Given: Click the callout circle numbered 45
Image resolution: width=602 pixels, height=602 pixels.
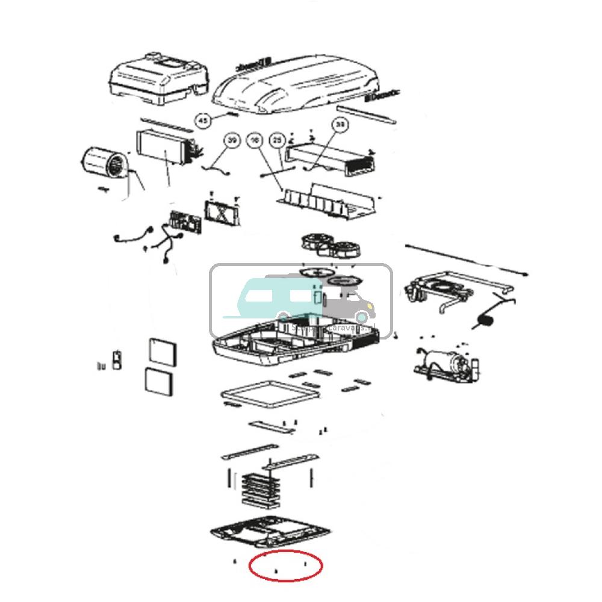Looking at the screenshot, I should [203, 122].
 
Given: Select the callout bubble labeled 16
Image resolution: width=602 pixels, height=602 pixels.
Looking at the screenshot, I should [255, 140].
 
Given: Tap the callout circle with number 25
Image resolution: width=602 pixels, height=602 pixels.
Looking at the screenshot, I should [277, 140].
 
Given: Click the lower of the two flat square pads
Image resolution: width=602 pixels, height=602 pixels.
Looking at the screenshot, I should [160, 382].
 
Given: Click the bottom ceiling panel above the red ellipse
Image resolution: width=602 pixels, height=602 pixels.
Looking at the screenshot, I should [271, 530].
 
